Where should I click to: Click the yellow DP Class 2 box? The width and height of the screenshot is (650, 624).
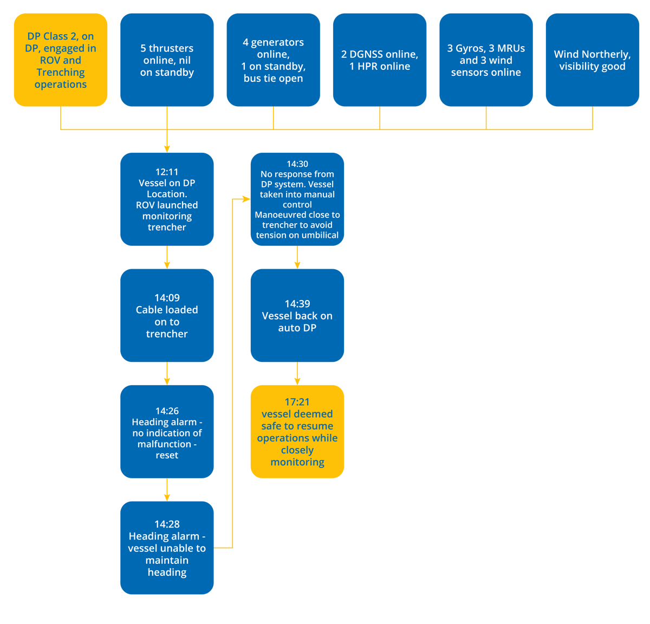[x=60, y=60]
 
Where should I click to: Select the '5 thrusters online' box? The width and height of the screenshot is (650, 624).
[x=167, y=60]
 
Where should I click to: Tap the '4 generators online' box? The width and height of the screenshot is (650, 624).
[x=273, y=60]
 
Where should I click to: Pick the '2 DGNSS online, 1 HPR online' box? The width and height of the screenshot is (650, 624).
[x=379, y=60]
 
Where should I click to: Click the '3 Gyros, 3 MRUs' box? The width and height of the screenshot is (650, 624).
[x=486, y=60]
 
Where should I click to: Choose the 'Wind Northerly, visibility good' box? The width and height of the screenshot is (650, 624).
[x=592, y=60]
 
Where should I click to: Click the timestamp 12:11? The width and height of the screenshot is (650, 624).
[x=167, y=172]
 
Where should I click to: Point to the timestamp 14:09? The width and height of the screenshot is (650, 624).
[x=167, y=297]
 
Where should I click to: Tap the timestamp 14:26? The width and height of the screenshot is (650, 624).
[x=167, y=411]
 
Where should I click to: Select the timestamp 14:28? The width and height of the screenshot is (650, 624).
[x=167, y=524]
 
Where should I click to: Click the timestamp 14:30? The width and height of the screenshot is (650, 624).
[x=297, y=164]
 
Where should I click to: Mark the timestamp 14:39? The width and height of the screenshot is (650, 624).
[x=297, y=303]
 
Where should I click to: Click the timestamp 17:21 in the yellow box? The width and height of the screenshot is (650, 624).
[x=297, y=401]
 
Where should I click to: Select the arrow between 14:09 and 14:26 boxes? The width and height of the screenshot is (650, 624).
[x=167, y=374]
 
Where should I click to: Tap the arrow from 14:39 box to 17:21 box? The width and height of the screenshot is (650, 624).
[x=297, y=374]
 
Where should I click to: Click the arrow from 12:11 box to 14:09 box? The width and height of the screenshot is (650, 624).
[x=167, y=258]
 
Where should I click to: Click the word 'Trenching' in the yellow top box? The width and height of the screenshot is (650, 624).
[x=61, y=72]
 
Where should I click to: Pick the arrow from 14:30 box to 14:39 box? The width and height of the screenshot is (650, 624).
[x=297, y=258]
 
